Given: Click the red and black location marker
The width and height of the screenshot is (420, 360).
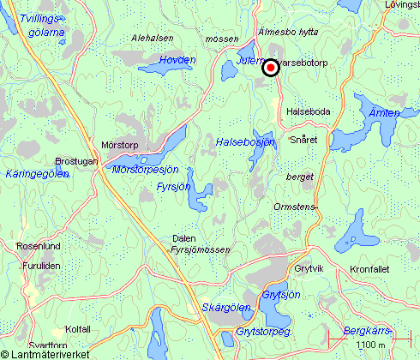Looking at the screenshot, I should click(x=270, y=68).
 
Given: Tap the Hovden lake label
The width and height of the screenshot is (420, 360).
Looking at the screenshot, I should click(x=177, y=60).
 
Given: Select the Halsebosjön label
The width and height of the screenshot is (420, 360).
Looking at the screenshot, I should click(x=245, y=141).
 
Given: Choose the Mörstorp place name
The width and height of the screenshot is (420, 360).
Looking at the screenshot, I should click(x=119, y=145).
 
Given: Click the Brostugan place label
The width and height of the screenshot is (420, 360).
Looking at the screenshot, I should click(x=76, y=161).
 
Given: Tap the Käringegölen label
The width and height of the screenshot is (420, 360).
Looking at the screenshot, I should click(x=37, y=174).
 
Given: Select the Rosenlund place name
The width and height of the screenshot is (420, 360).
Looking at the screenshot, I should click(x=38, y=246).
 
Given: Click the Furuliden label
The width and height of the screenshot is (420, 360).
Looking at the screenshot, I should click(x=39, y=267).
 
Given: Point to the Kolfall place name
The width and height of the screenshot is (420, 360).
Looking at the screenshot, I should click(x=78, y=328).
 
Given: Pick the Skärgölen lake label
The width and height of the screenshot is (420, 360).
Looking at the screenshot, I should click(x=226, y=308).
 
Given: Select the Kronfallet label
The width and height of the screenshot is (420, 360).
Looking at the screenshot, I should click(x=369, y=268).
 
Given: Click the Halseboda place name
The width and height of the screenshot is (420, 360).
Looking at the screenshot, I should click(x=309, y=111).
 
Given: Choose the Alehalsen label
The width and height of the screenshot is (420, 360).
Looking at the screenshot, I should click(x=153, y=39).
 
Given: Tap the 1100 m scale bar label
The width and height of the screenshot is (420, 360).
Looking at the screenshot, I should click(x=369, y=345).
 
